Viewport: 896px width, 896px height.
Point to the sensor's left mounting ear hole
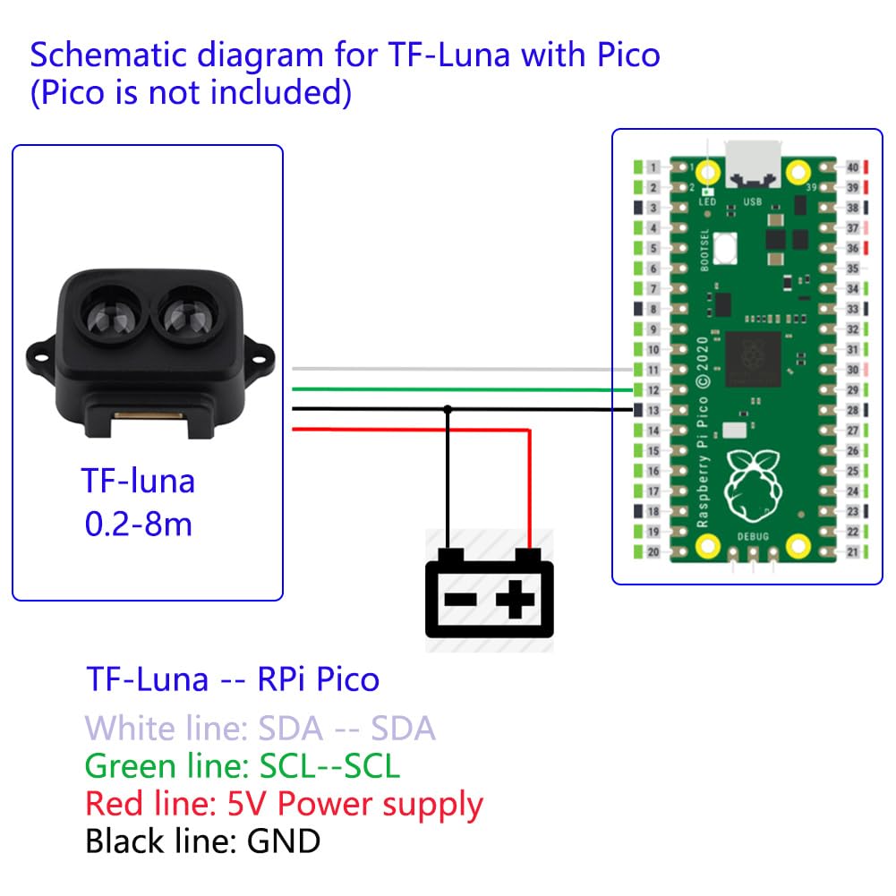38,356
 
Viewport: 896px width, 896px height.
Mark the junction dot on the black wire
448,409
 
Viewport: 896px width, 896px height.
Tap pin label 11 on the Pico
654,370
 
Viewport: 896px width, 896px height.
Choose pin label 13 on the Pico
654,410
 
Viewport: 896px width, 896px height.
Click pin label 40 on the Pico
853,167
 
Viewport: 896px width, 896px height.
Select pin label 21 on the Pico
853,552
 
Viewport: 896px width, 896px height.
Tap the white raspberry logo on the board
753,482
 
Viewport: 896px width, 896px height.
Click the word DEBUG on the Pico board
753,535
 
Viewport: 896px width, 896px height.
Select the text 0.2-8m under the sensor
139,524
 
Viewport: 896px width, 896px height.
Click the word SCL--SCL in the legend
329,766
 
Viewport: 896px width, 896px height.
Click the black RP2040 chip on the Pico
752,358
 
